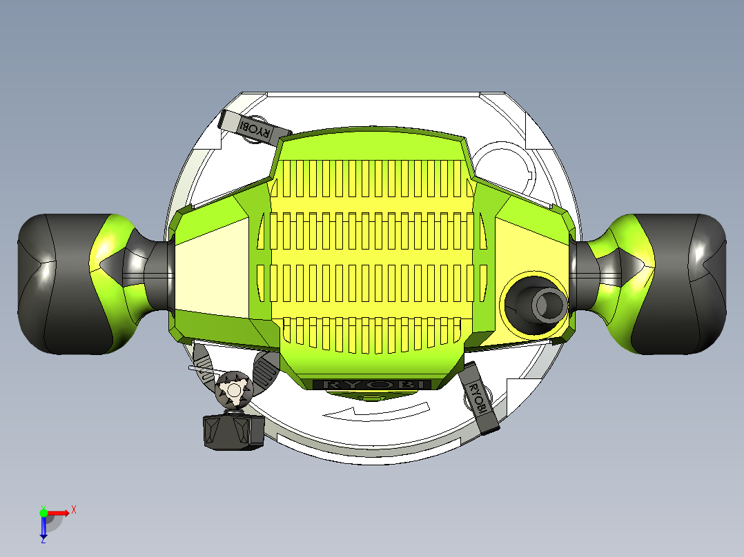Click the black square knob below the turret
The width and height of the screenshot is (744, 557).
tap(233, 432)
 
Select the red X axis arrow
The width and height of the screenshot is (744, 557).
tap(58, 513)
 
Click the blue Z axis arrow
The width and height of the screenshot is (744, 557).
tap(43, 527)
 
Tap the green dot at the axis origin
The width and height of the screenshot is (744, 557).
tap(43, 512)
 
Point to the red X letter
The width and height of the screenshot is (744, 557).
tap(74, 510)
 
